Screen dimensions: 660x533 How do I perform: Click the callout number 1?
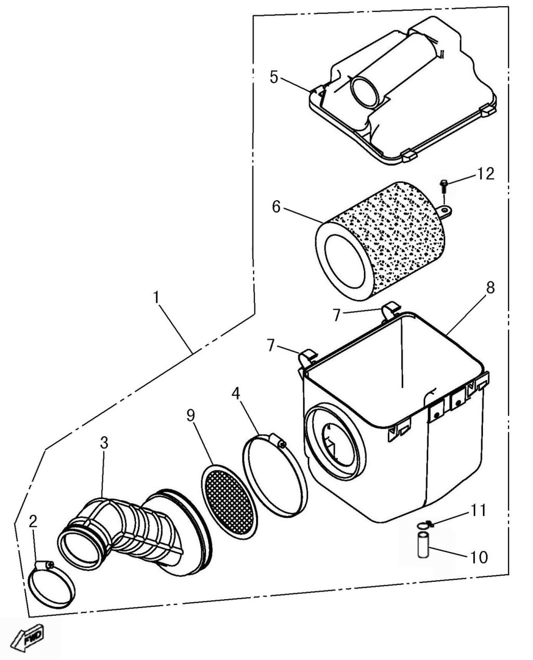pos(156,298)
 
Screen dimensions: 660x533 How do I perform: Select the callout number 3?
pos(104,443)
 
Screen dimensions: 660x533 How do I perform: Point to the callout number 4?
pos(236,394)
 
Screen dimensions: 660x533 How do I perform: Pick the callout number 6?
pos(276,207)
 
